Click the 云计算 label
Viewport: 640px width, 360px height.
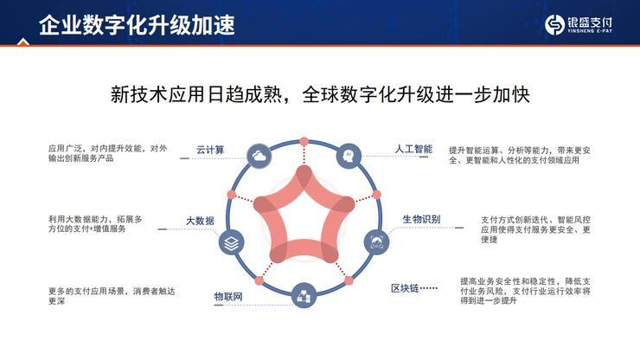point(210,150)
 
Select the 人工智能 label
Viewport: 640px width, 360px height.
point(413,149)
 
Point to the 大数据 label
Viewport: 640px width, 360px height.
point(200,221)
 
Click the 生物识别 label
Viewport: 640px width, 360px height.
point(421,220)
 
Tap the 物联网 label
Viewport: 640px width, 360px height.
point(228,297)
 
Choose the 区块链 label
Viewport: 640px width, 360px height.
point(406,287)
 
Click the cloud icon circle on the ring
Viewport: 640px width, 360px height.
point(259,156)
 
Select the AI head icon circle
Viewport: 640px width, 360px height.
point(348,155)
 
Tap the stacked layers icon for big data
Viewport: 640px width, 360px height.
point(231,244)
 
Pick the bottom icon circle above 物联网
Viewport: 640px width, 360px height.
point(304,296)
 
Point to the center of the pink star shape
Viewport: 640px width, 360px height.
point(304,216)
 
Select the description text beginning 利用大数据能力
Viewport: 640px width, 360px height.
point(97,224)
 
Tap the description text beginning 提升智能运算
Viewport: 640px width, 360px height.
point(519,155)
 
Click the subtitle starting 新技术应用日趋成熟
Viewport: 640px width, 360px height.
point(319,94)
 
